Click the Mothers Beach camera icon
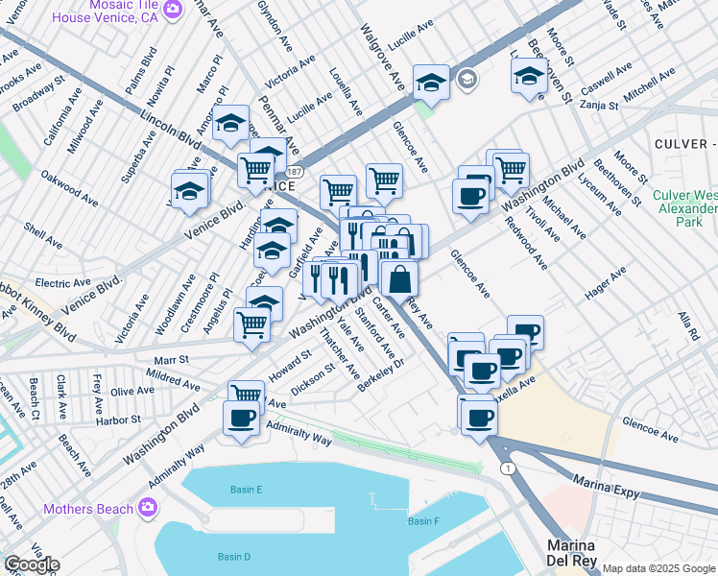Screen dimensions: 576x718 tap(148, 507)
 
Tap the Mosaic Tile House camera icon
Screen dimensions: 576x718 tap(173, 10)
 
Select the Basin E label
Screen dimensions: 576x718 tap(246, 490)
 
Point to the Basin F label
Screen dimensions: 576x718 tap(422, 521)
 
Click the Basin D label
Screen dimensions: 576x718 tap(233, 557)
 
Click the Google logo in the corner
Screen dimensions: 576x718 tap(31, 564)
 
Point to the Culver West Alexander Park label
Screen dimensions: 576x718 tap(683, 207)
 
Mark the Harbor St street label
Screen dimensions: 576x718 tap(119, 420)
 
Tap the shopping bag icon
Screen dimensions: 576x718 tap(399, 279)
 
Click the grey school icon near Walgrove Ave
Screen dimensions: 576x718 tap(467, 79)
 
